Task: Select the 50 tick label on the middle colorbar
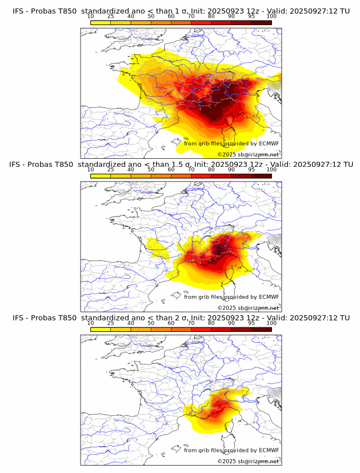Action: coord(151,170)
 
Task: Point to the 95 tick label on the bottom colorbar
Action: coord(251,323)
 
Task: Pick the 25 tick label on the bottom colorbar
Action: coord(111,323)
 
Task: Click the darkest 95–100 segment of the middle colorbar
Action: coord(261,175)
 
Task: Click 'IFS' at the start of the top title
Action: coord(18,6)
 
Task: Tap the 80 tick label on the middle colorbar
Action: coord(211,170)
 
